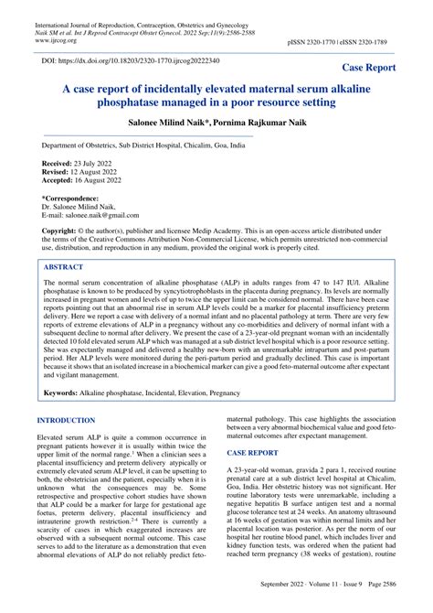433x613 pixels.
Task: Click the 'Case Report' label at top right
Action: click(381, 68)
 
